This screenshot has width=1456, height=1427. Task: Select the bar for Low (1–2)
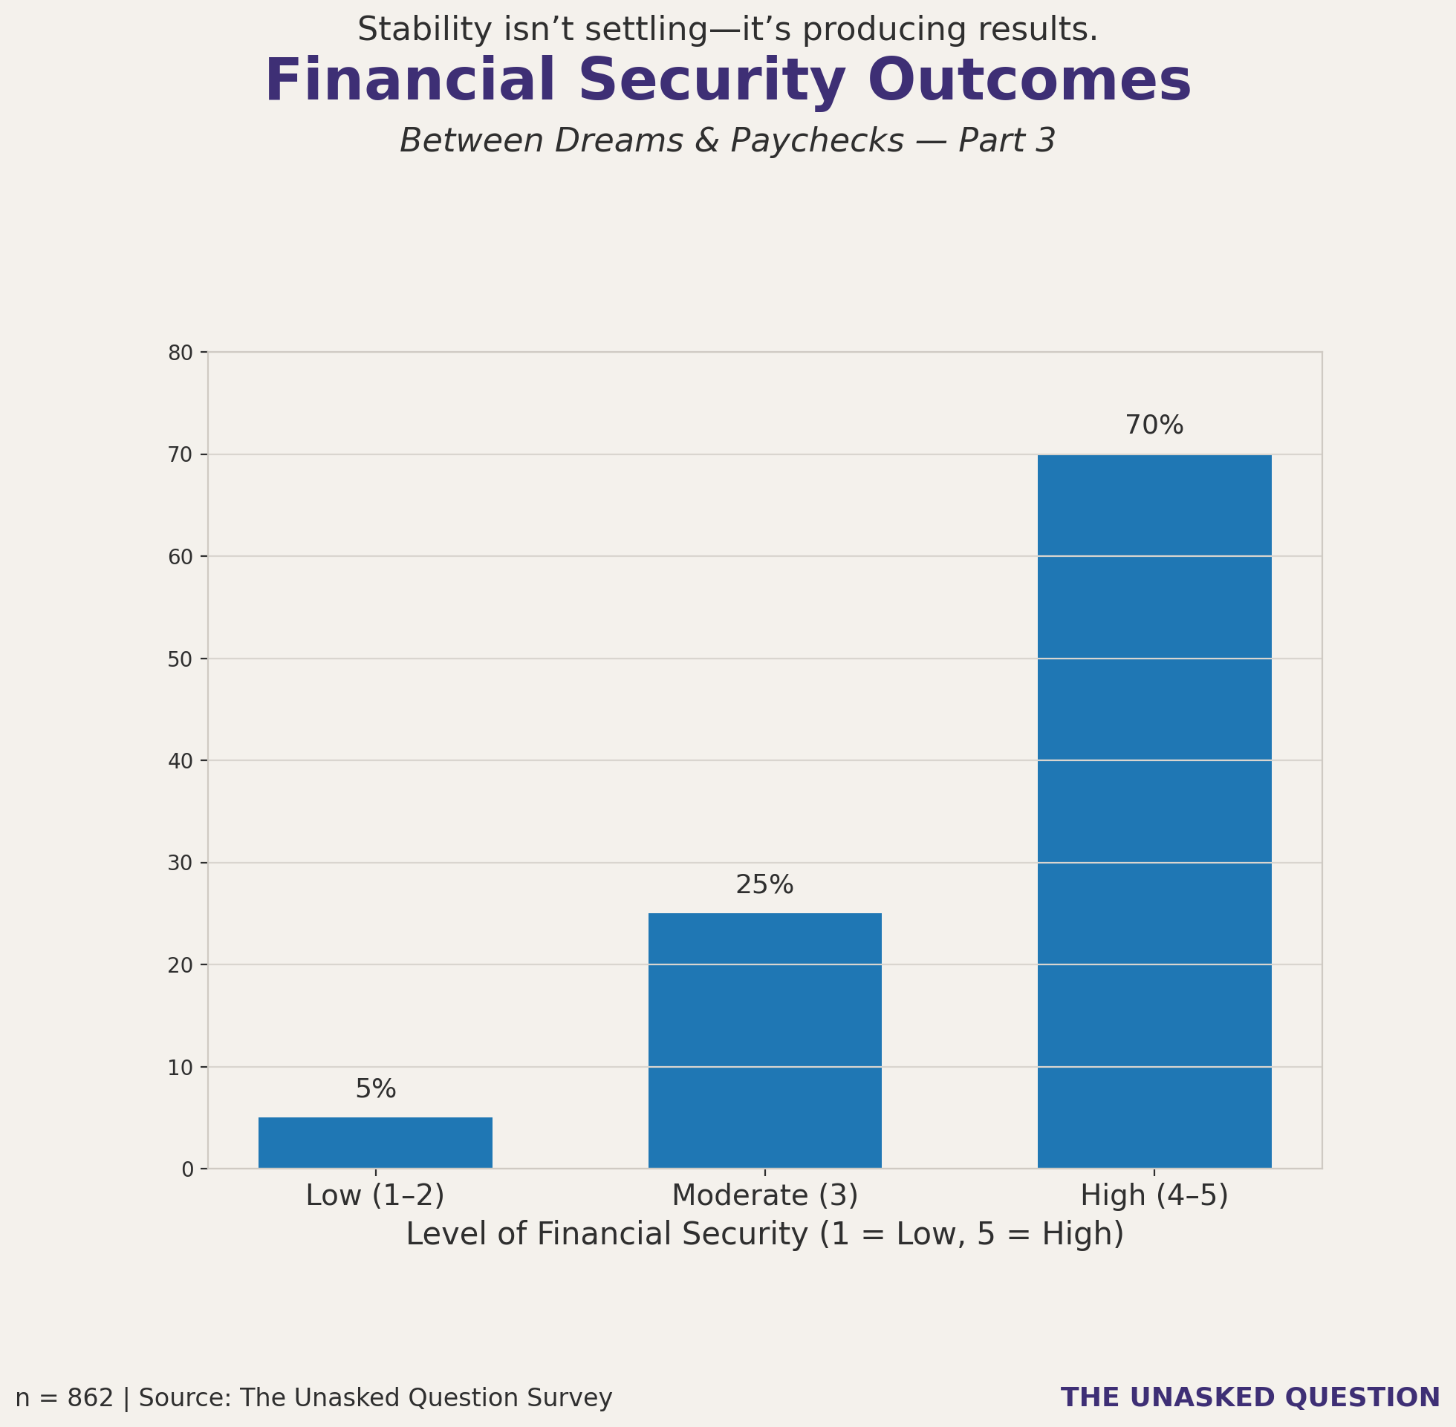point(375,1142)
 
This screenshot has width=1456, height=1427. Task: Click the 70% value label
point(1154,425)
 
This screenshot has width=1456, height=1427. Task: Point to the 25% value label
point(764,885)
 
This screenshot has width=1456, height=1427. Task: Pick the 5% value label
point(375,1089)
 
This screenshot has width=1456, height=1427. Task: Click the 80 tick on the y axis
point(181,353)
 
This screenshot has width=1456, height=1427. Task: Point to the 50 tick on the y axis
point(181,659)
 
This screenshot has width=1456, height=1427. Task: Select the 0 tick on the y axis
point(187,1170)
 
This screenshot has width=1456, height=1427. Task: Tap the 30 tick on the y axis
point(181,863)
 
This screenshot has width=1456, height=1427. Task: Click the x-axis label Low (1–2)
point(375,1195)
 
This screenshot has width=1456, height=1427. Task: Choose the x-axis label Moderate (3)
point(764,1195)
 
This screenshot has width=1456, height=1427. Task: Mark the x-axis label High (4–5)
point(1154,1195)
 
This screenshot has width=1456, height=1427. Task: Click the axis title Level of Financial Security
point(764,1235)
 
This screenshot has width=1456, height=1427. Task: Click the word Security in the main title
point(712,81)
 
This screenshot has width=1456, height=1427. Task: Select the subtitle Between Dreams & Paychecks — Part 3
point(727,141)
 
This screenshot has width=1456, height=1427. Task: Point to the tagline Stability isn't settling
point(727,30)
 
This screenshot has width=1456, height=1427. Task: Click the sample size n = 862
point(65,1399)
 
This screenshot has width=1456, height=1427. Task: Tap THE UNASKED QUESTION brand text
point(1249,1398)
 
